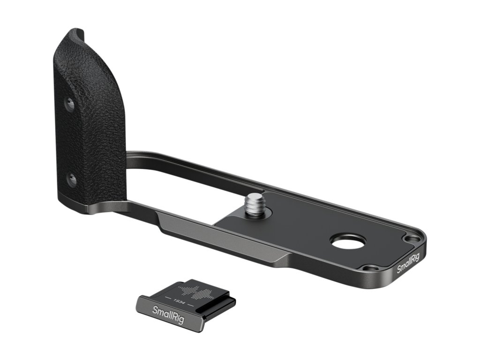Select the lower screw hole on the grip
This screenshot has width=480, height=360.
72,180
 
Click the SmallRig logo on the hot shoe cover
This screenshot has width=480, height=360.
168,315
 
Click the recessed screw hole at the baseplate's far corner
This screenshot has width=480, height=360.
411,238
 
